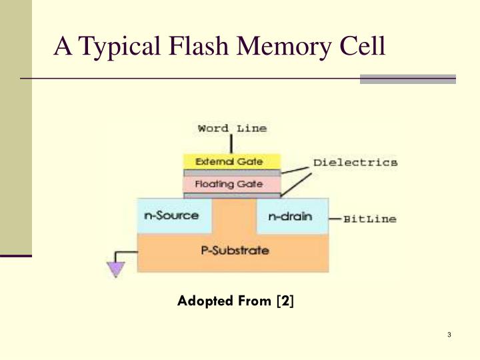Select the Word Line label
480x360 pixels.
point(232,128)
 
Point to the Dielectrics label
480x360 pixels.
point(355,162)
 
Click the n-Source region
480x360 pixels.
point(173,216)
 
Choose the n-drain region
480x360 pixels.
point(291,216)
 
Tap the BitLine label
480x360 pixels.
point(370,219)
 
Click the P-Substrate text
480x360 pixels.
point(235,251)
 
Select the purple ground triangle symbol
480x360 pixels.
point(116,268)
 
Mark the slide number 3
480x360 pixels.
point(450,335)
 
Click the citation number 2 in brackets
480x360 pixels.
point(286,301)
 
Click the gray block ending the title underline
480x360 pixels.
point(407,79)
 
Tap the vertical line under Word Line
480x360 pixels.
point(231,144)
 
